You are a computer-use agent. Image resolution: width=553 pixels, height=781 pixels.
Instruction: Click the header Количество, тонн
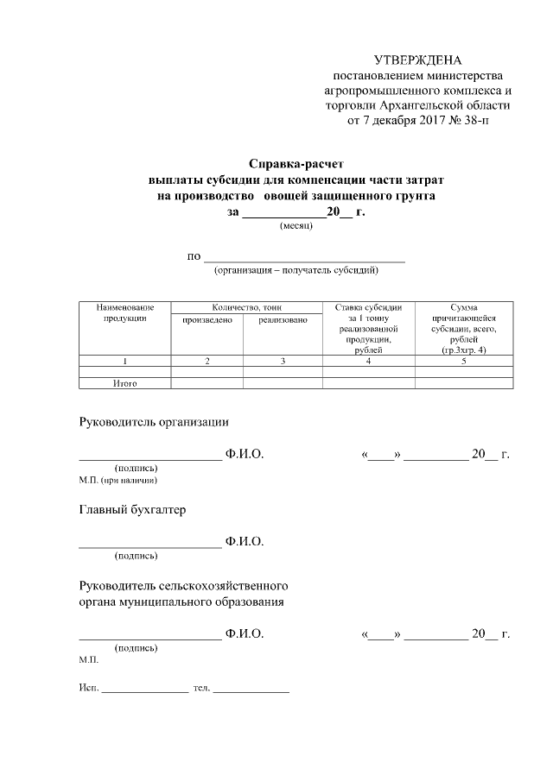pyautogui.click(x=247, y=307)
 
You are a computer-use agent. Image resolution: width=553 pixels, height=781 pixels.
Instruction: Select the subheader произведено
pyautogui.click(x=207, y=320)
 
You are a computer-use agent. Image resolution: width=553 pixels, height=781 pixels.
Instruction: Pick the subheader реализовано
pyautogui.click(x=283, y=320)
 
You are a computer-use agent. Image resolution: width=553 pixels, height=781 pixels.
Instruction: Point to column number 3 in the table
pyautogui.click(x=283, y=361)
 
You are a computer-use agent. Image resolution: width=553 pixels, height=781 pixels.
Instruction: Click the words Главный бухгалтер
pyautogui.click(x=132, y=509)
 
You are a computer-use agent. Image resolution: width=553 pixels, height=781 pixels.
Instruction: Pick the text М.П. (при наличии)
pyautogui.click(x=118, y=479)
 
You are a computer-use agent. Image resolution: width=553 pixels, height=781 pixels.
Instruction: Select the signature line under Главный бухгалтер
pyautogui.click(x=150, y=546)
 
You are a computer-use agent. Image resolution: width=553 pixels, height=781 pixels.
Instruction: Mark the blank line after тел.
pyautogui.click(x=251, y=692)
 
